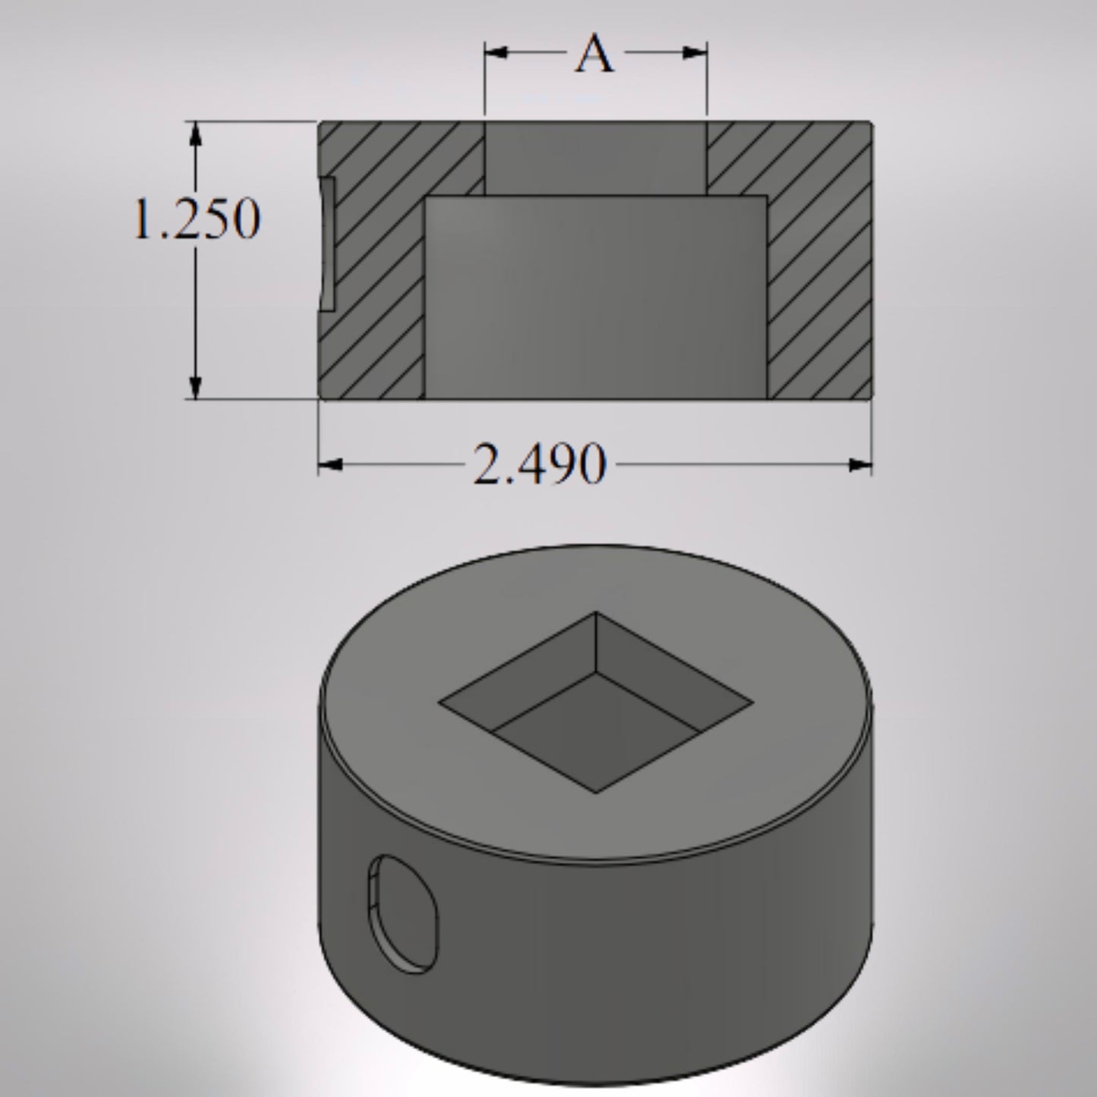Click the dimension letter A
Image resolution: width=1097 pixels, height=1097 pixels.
594,55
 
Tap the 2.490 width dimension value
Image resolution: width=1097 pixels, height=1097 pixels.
539,465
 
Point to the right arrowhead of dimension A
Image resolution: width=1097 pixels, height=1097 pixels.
696,52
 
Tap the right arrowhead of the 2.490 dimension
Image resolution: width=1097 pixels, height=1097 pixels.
859,465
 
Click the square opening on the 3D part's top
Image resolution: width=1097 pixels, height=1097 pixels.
596,703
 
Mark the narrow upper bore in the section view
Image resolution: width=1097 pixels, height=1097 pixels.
595,157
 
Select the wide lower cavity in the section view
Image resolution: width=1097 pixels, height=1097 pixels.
595,296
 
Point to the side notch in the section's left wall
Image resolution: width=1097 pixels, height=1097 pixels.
326,244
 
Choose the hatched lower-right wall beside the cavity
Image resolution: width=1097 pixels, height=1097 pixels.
820,334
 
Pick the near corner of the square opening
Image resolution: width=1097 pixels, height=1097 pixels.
596,793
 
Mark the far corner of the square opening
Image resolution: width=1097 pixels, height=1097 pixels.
596,613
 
